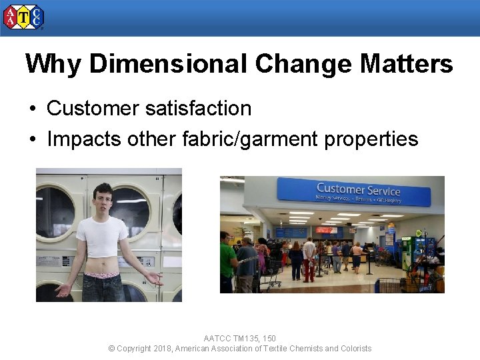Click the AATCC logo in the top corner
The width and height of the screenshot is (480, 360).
tap(23, 17)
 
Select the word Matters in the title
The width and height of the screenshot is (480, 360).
tap(406, 64)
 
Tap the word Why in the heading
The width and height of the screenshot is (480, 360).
tap(53, 64)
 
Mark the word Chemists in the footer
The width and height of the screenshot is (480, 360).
tap(304, 349)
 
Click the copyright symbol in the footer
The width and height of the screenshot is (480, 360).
tap(111, 349)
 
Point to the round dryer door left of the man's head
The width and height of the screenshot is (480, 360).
tap(56, 212)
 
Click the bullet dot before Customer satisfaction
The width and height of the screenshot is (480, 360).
tap(31, 109)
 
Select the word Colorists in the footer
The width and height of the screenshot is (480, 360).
tap(356, 349)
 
